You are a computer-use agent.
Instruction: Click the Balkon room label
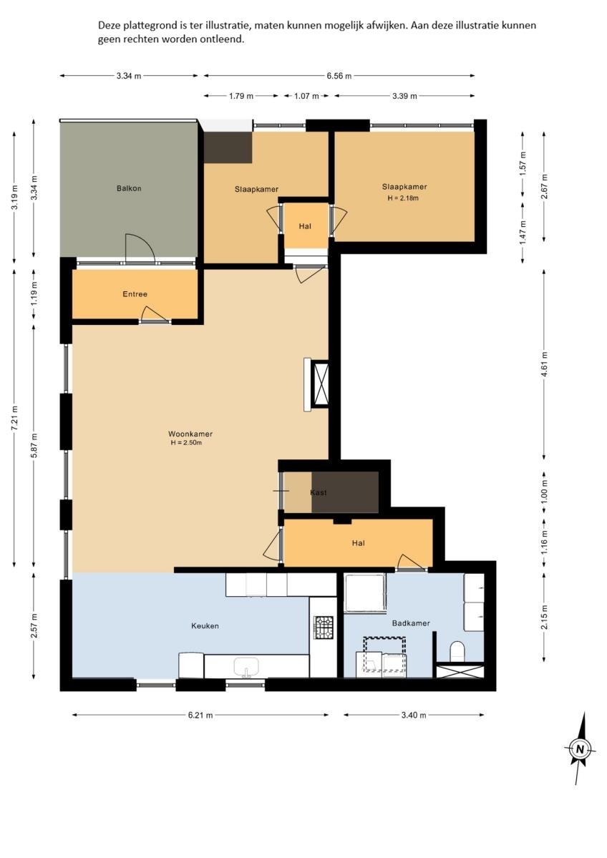coord(129,188)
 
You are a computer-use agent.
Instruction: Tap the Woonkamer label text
coord(190,434)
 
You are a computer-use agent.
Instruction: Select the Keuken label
coord(205,626)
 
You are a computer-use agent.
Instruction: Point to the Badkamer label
coord(411,623)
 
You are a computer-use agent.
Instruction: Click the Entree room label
coord(135,294)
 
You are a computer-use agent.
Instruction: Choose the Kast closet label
coord(319,492)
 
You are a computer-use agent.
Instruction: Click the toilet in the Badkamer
coord(457,651)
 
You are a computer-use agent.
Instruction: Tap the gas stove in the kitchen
coord(323,628)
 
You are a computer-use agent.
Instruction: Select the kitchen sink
coord(247,667)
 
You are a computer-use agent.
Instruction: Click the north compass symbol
coord(581,748)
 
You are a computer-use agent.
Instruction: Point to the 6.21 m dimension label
coord(200,715)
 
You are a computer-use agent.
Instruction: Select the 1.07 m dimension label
coord(306,96)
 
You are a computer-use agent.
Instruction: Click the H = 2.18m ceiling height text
coord(404,198)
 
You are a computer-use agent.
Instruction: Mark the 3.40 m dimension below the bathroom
coord(414,715)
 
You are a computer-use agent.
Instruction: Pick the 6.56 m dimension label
coord(339,76)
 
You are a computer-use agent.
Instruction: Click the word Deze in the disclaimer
coord(109,25)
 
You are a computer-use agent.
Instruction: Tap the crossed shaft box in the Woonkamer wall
coord(320,384)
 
